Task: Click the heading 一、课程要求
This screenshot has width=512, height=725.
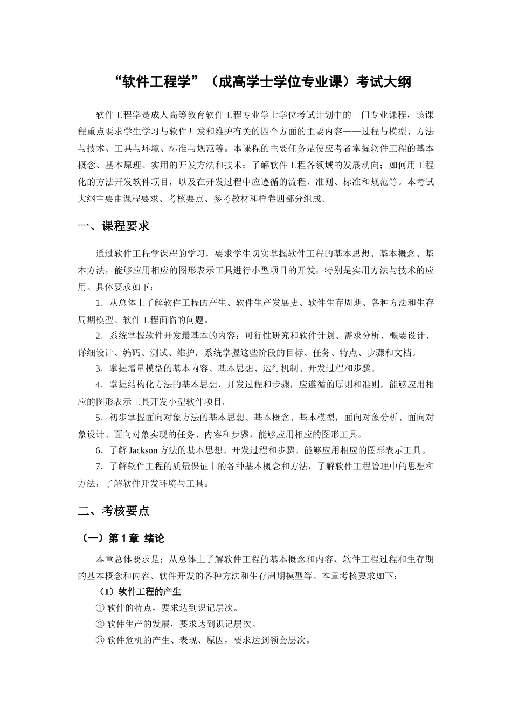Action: [114, 227]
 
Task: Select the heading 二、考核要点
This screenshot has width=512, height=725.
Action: [114, 510]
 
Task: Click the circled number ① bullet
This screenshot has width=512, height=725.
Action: [100, 608]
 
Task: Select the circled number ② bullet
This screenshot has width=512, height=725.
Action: [100, 624]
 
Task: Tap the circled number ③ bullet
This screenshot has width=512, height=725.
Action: [100, 640]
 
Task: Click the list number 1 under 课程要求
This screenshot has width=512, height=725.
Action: [99, 303]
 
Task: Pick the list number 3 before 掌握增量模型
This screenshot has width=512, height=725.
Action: [99, 368]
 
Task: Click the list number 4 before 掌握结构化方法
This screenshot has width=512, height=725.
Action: [99, 385]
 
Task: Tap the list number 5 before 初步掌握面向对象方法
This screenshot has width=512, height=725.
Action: [99, 418]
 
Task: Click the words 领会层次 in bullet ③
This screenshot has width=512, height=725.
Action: [287, 640]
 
